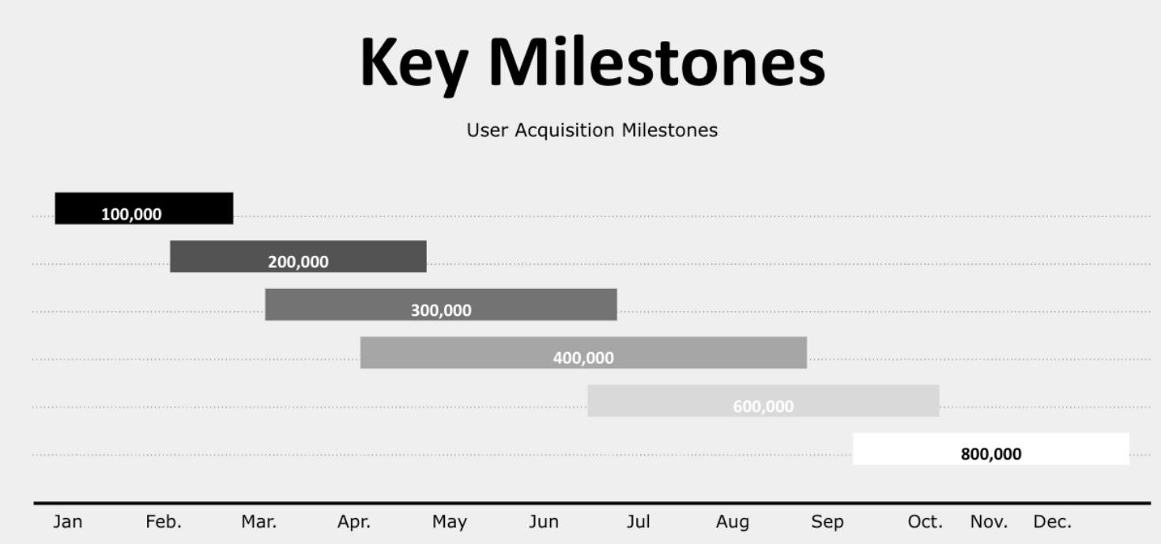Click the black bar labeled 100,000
tap(144, 208)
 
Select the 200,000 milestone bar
tap(298, 257)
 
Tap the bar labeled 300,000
tap(441, 305)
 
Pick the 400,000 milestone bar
tap(583, 353)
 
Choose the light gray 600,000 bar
tap(763, 401)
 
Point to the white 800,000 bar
tap(991, 449)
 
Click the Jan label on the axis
tap(68, 522)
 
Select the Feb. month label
tap(164, 522)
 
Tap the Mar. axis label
tap(259, 522)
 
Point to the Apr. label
tap(354, 522)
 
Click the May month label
tap(450, 523)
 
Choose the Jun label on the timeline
tap(544, 522)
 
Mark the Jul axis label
tap(639, 522)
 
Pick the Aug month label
tap(733, 523)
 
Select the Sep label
tap(827, 523)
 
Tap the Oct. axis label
tap(925, 522)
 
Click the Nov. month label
tap(989, 522)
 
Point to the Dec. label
tap(1053, 522)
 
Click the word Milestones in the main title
tap(658, 63)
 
